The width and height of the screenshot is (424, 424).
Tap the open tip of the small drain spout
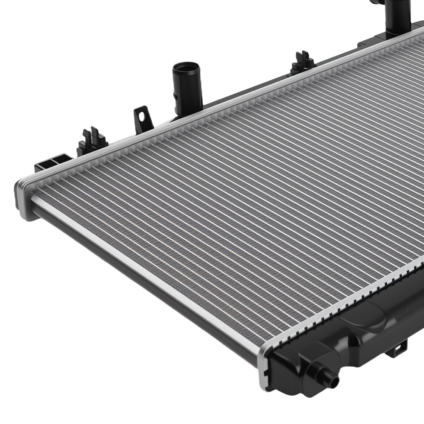tap(335, 382)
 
